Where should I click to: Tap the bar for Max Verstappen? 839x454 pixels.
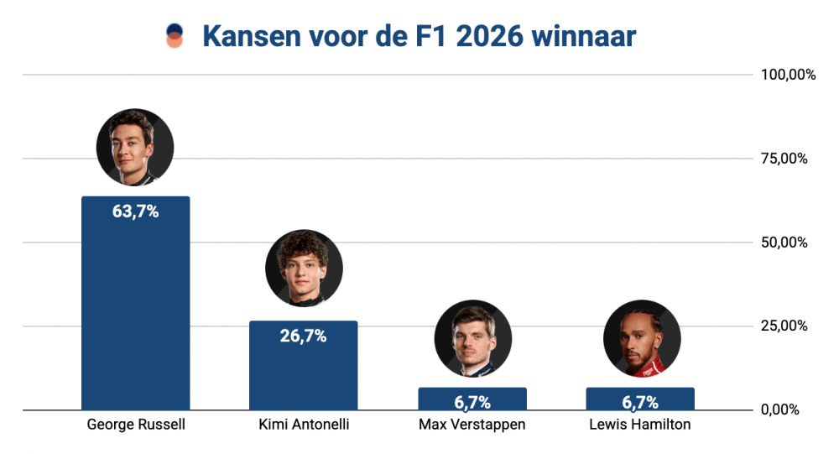472,399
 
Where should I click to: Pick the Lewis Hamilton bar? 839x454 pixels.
639,399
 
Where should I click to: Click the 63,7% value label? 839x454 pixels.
135,211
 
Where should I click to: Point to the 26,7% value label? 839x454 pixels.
303,337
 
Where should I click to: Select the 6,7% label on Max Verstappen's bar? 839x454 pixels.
472,402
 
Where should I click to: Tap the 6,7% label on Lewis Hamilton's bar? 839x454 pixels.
639,402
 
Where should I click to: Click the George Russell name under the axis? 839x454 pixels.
136,425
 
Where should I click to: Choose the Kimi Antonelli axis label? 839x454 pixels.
304,425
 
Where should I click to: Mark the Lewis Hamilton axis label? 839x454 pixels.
640,425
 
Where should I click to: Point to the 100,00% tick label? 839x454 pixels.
788,76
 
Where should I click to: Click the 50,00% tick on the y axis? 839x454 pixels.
784,243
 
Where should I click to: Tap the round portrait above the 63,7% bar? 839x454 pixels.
135,147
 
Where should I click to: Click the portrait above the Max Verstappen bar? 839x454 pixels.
472,339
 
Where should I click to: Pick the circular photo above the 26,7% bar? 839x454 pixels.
304,269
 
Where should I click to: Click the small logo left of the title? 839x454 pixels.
175,36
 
